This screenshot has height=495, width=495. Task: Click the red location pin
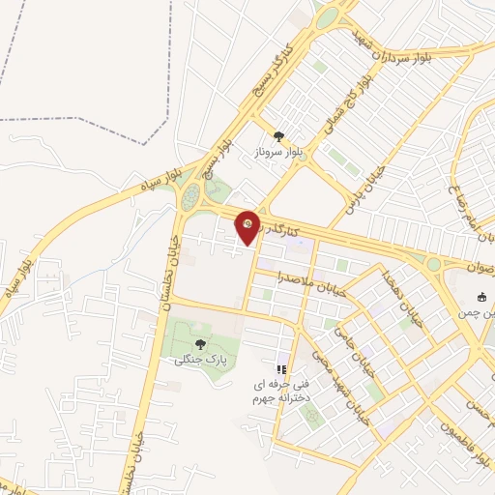point(248,226)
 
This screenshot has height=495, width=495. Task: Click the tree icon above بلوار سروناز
point(279,136)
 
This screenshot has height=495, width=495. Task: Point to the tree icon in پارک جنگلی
point(200,343)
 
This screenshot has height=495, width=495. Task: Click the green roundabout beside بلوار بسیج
point(189,198)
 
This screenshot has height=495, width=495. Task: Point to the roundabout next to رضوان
point(433,263)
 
